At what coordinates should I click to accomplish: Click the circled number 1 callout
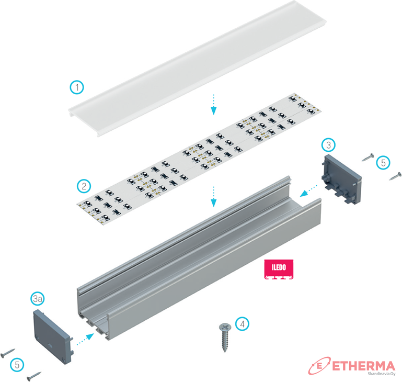pyautogui.click(x=77, y=87)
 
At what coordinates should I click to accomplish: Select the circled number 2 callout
pyautogui.click(x=84, y=186)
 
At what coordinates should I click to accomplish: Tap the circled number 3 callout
pyautogui.click(x=328, y=145)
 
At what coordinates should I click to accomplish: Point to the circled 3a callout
pyautogui.click(x=38, y=299)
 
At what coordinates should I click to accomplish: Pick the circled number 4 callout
pyautogui.click(x=242, y=324)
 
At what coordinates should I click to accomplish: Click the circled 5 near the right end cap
pyautogui.click(x=383, y=163)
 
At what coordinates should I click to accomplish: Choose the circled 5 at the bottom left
pyautogui.click(x=17, y=365)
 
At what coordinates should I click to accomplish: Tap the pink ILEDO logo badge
pyautogui.click(x=279, y=269)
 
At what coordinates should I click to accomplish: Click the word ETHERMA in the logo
pyautogui.click(x=363, y=366)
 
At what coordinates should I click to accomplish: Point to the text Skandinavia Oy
pyautogui.click(x=382, y=374)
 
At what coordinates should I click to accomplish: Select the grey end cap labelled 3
pyautogui.click(x=341, y=179)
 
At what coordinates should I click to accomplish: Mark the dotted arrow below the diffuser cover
pyautogui.click(x=214, y=105)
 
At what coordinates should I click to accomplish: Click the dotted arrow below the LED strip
pyautogui.click(x=214, y=197)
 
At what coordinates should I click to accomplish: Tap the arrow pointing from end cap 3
pyautogui.click(x=308, y=191)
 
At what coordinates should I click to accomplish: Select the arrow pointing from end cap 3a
pyautogui.click(x=85, y=339)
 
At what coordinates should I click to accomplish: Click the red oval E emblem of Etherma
pyautogui.click(x=319, y=366)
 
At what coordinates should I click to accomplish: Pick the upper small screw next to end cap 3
pyautogui.click(x=368, y=157)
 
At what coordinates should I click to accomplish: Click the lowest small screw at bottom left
pyautogui.click(x=34, y=376)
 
